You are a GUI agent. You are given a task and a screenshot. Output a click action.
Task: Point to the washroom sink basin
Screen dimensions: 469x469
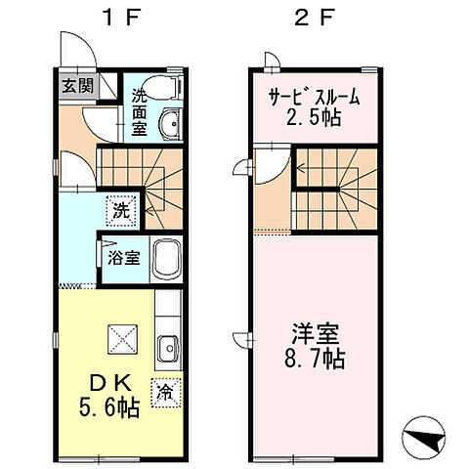[x=170, y=124]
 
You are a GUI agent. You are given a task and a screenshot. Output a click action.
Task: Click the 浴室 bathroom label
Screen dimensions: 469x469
[x=122, y=259]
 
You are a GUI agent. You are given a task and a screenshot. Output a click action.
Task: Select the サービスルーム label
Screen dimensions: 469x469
[x=315, y=97]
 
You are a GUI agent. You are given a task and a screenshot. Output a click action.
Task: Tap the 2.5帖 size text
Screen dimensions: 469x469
[x=315, y=118]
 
